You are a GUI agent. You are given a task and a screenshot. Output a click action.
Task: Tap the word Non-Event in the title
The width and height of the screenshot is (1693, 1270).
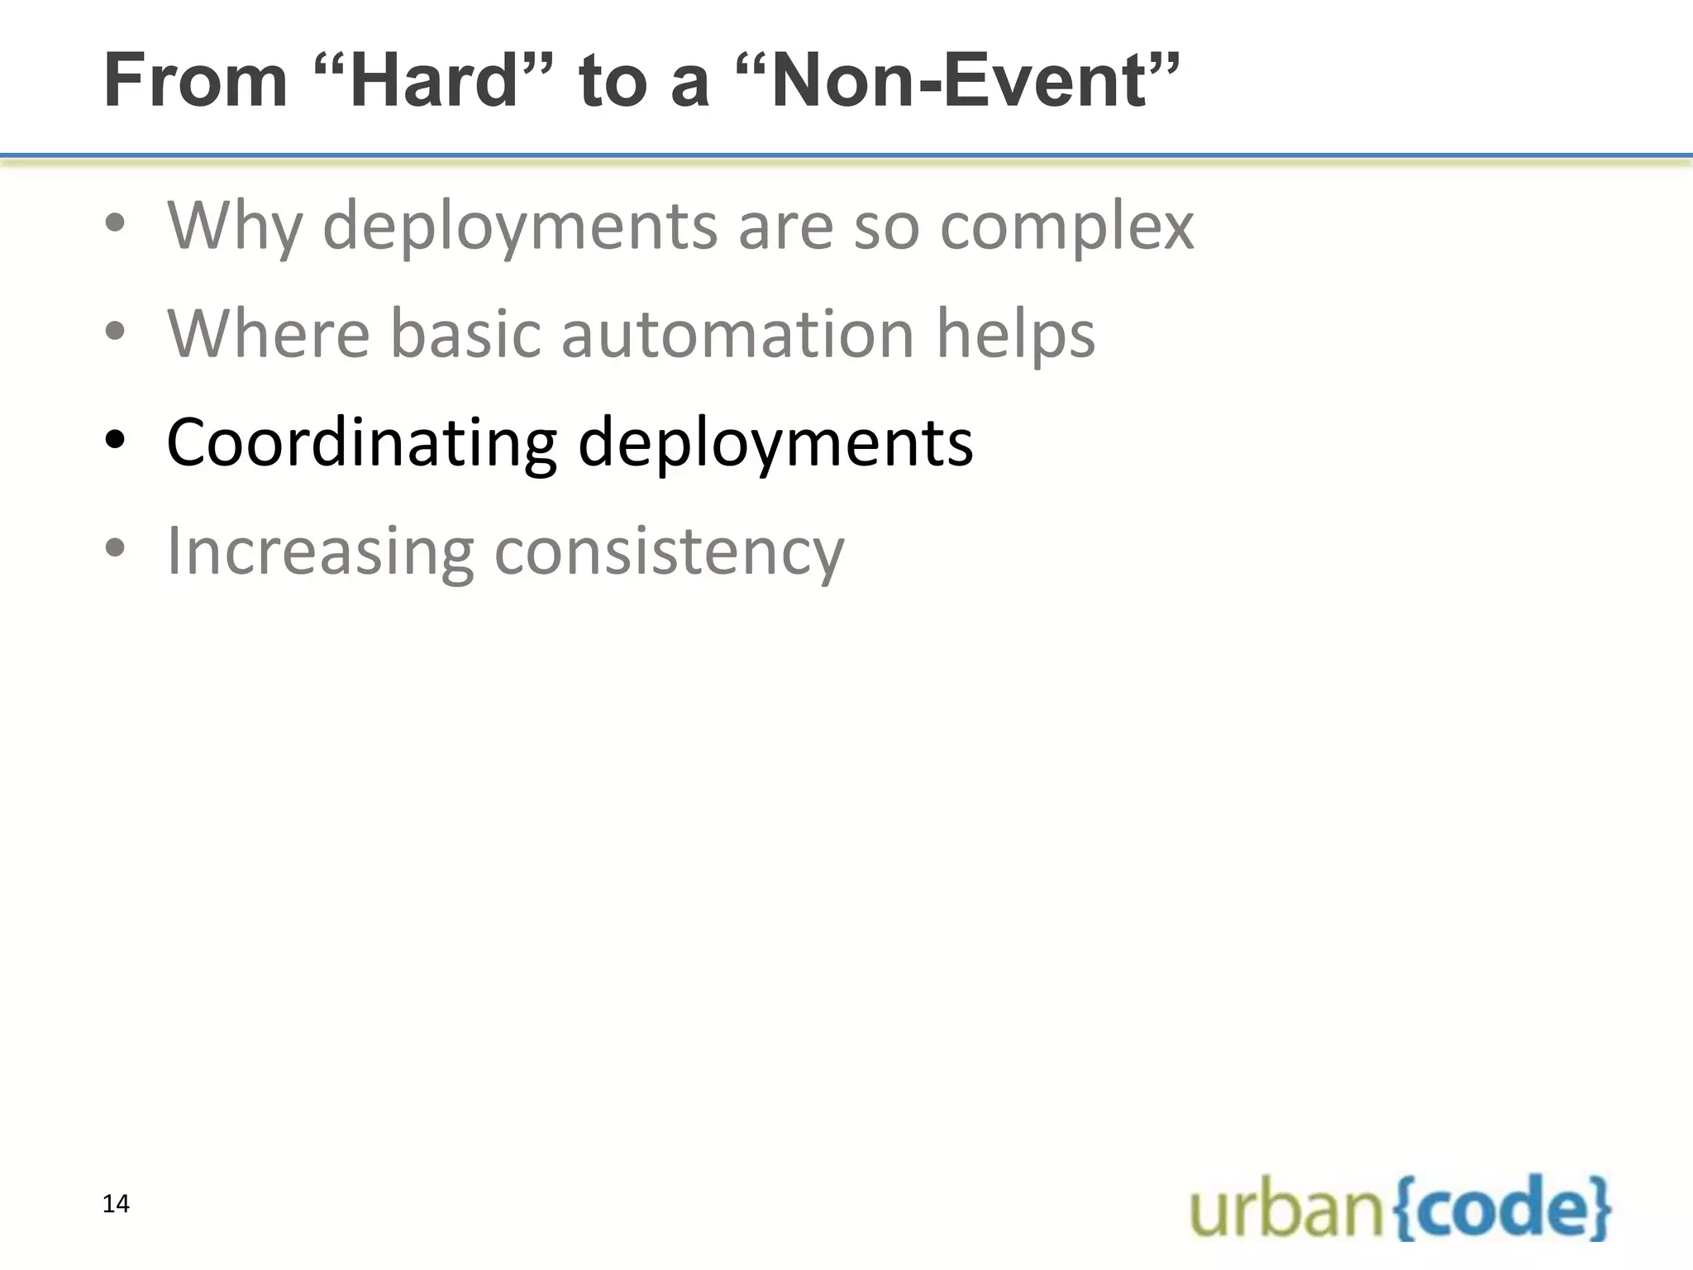point(959,80)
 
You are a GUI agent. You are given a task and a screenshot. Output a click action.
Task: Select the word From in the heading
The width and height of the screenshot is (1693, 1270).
point(196,80)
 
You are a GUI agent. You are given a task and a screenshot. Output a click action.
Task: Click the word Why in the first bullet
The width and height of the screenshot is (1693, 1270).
point(235,226)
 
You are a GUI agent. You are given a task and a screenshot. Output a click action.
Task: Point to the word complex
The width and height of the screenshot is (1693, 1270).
point(1066,226)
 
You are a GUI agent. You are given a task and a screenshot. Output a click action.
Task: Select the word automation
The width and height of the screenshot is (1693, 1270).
point(737,334)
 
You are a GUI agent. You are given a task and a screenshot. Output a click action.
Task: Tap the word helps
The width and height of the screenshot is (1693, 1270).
point(1015,334)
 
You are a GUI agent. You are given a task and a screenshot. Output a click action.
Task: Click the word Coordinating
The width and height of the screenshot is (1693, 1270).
point(362,443)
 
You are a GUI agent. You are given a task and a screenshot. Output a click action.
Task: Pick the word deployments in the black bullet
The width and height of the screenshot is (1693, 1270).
point(775,443)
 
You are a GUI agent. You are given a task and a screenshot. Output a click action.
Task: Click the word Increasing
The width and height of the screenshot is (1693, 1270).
point(321,551)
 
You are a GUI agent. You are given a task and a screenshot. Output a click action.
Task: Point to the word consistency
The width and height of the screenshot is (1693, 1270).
point(669,551)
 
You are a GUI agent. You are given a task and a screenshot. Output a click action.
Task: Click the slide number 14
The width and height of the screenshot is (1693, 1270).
point(116,1204)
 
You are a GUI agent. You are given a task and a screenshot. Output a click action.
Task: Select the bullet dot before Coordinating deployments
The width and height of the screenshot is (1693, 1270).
point(115,441)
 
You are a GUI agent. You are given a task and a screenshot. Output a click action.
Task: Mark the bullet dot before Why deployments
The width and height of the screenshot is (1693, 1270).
point(115,223)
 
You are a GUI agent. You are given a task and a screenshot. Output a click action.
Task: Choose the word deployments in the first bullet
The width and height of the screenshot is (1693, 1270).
point(520,226)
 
